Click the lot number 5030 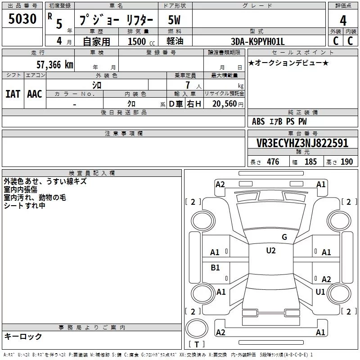tap(22, 18)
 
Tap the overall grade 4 tap(343, 21)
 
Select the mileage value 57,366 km tap(55, 65)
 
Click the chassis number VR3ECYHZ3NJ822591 tap(302, 143)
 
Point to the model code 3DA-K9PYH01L tap(257, 41)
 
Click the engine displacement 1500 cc tap(141, 41)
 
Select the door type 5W tap(174, 20)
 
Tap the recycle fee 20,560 tap(224, 104)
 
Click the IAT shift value tap(13, 94)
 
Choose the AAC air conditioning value tap(35, 94)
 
